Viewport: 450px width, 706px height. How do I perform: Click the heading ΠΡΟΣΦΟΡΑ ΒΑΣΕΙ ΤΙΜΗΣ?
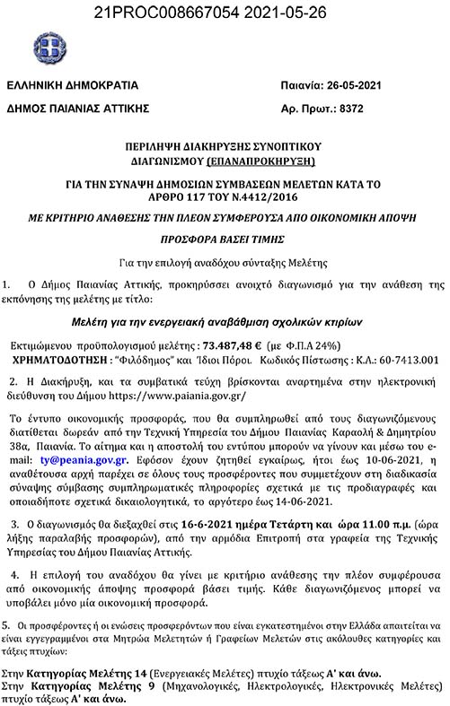(224, 242)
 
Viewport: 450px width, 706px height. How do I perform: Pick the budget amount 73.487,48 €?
(239, 344)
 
